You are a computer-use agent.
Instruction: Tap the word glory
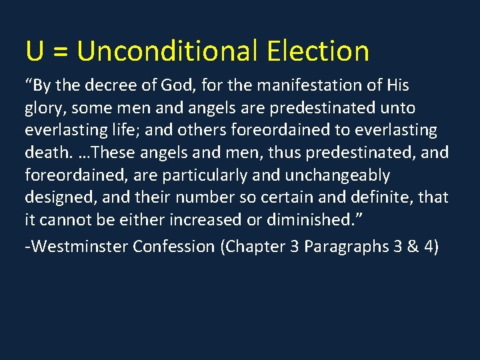pos(45,109)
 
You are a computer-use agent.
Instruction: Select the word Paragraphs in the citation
pos(343,247)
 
